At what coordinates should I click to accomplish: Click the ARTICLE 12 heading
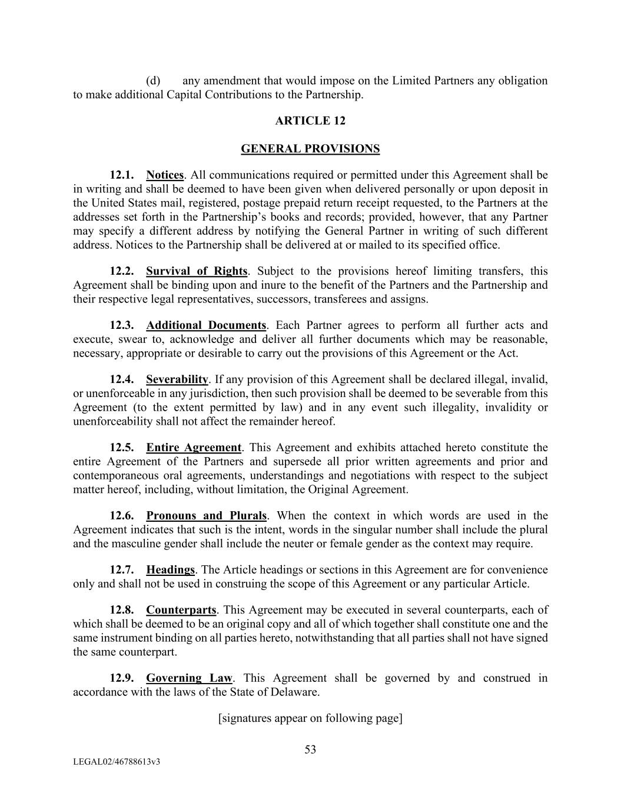[x=310, y=121]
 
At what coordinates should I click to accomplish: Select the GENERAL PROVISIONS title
[x=310, y=149]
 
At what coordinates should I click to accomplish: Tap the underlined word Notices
[x=165, y=175]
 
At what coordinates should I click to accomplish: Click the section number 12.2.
[x=122, y=271]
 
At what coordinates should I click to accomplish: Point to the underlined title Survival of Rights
[x=197, y=271]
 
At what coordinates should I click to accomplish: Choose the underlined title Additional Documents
[x=206, y=325]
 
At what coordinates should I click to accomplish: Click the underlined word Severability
[x=177, y=379]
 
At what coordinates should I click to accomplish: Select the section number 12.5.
[x=122, y=448]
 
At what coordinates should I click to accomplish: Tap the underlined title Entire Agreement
[x=194, y=448]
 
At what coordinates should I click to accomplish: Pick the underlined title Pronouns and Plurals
[x=207, y=516]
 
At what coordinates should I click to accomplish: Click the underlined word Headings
[x=170, y=570]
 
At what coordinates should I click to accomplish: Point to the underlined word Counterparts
[x=181, y=610]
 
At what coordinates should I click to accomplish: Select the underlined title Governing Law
[x=190, y=678]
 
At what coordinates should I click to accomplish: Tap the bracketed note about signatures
[x=310, y=718]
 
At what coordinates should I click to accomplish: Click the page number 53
[x=310, y=749]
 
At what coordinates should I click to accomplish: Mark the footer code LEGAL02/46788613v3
[x=117, y=762]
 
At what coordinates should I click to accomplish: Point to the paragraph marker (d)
[x=153, y=81]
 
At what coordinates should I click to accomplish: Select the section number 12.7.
[x=122, y=570]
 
